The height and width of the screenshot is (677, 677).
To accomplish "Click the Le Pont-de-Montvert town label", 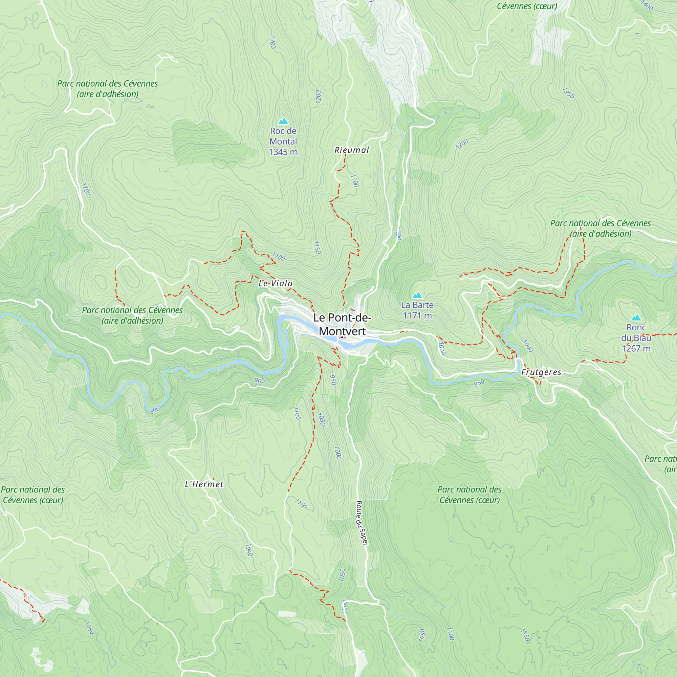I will pyautogui.click(x=342, y=324).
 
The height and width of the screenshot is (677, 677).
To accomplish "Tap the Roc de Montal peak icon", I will pyautogui.click(x=283, y=121).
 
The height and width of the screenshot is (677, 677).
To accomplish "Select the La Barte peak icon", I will pyautogui.click(x=417, y=295).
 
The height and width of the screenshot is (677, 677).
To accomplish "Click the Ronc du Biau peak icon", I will pyautogui.click(x=636, y=318).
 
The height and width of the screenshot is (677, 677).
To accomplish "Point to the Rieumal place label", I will pyautogui.click(x=352, y=150).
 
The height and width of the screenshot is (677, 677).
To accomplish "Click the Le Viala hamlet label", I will pyautogui.click(x=276, y=283).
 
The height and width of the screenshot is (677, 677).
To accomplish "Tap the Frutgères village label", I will pyautogui.click(x=541, y=372).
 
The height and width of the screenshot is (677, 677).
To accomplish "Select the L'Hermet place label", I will pyautogui.click(x=204, y=484).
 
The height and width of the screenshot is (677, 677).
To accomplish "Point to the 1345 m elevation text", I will pyautogui.click(x=283, y=152).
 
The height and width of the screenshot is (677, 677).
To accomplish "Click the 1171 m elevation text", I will pyautogui.click(x=417, y=316).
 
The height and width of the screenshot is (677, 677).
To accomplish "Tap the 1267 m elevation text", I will pyautogui.click(x=636, y=348).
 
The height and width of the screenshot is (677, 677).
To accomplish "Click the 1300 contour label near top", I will pyautogui.click(x=272, y=42).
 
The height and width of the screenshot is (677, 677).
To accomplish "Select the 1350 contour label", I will pyautogui.click(x=568, y=92).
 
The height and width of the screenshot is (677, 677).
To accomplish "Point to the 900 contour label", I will pyautogui.click(x=259, y=381).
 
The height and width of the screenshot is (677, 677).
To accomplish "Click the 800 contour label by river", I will pyautogui.click(x=155, y=410).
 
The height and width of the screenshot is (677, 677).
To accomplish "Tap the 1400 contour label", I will pyautogui.click(x=647, y=6).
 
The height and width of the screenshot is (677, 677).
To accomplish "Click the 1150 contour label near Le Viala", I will pyautogui.click(x=317, y=247).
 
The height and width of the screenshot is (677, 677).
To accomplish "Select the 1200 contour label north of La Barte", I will pyautogui.click(x=462, y=144).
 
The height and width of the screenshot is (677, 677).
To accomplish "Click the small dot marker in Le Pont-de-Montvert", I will pyautogui.click(x=342, y=337).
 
